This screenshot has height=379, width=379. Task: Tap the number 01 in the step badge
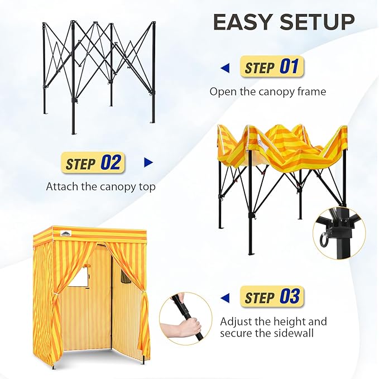[289, 68]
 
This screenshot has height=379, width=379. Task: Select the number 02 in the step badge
[110, 163]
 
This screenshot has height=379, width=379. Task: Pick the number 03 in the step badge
[289, 296]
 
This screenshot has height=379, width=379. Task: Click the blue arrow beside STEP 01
[225, 68]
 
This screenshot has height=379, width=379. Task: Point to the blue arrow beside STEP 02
[148, 163]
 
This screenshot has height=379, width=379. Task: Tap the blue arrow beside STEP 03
[225, 297]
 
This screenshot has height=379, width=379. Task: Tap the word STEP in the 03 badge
[259, 298]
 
